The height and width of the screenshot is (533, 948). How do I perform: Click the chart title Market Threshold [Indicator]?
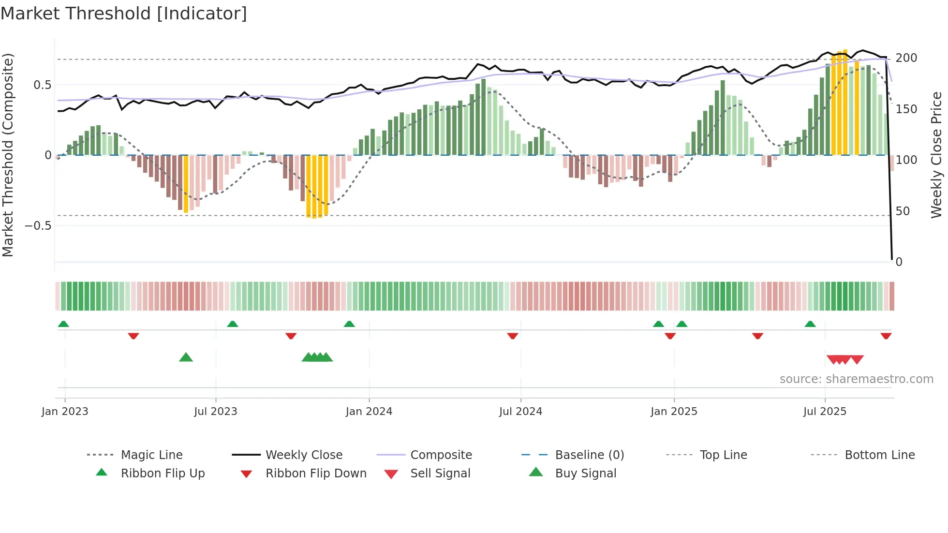(x=124, y=14)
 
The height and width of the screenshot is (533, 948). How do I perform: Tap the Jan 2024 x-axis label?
(x=369, y=412)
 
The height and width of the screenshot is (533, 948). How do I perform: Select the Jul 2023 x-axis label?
(x=215, y=412)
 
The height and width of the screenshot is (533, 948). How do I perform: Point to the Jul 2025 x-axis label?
(x=825, y=412)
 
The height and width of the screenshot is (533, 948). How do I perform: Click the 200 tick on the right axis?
(x=906, y=58)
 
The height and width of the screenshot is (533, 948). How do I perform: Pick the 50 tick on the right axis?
(x=903, y=211)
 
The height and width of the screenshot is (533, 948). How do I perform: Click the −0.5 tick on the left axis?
(x=38, y=226)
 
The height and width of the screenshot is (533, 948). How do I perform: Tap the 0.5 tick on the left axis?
(x=42, y=85)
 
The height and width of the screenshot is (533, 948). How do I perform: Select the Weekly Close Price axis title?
(x=936, y=155)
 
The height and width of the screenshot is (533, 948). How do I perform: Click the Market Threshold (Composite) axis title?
(x=8, y=155)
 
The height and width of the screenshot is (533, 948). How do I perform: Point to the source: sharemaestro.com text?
(x=856, y=379)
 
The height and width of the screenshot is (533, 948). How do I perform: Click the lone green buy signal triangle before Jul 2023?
(x=186, y=357)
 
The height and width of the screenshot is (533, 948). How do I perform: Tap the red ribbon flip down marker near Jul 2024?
(x=513, y=336)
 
